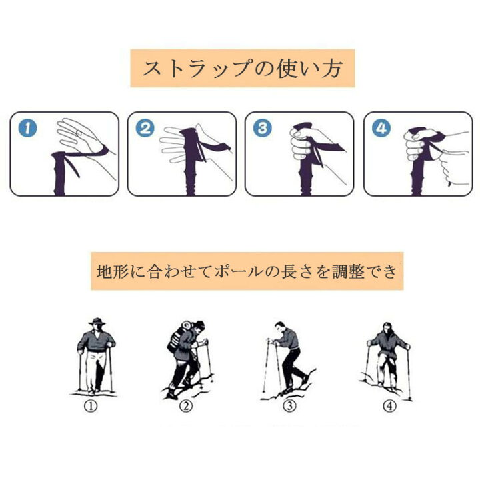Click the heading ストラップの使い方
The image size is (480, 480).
tap(242, 68)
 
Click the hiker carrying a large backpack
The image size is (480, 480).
tap(186, 357)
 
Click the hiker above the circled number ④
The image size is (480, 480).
tap(389, 357)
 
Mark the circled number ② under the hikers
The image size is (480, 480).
tap(186, 405)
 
